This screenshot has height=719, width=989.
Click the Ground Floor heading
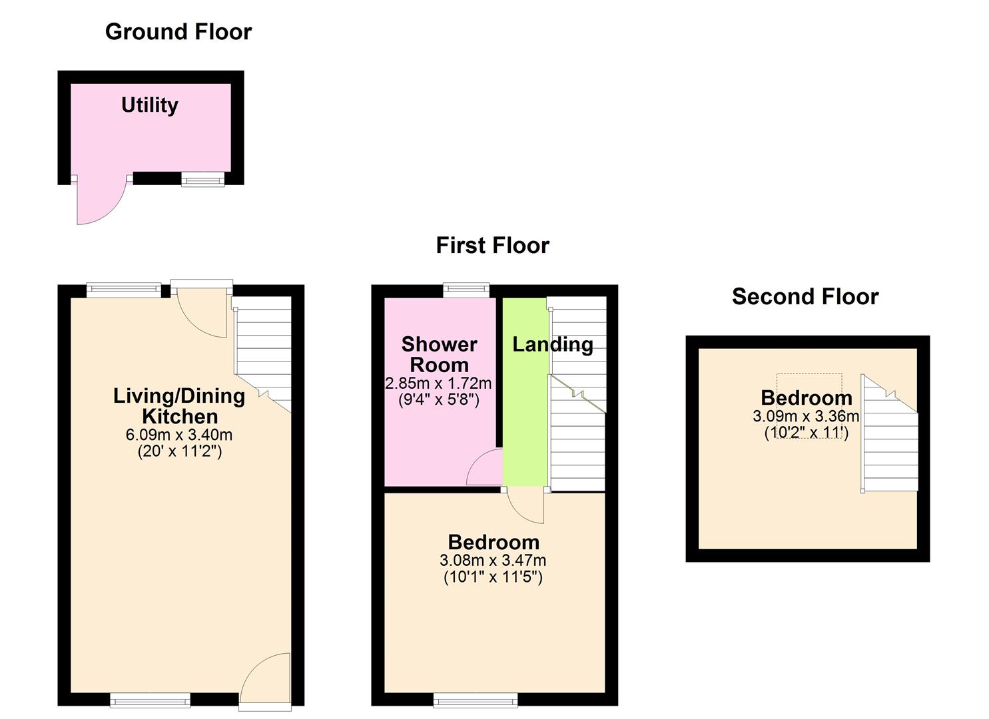pos(178,32)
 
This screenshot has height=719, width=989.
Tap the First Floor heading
pos(492,246)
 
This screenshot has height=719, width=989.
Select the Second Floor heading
pos(805,297)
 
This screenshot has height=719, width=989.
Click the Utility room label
pos(150,105)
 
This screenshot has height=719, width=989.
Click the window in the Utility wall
pos(203,178)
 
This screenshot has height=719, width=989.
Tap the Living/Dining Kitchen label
pos(179,406)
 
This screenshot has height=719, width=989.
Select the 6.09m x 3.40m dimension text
pos(179,435)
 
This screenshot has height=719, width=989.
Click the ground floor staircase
pos(263,353)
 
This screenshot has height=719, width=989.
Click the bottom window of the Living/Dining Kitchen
pos(150,700)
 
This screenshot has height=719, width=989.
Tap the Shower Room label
pos(439,354)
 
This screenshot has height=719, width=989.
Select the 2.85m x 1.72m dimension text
pos(438,383)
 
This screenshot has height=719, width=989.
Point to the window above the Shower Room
pos(466,290)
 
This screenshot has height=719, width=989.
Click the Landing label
pos(552,344)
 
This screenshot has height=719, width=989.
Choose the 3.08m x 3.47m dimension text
pos(493,561)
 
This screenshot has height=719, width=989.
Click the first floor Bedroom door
pos(526,506)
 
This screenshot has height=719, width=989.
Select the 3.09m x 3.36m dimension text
pos(806,417)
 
